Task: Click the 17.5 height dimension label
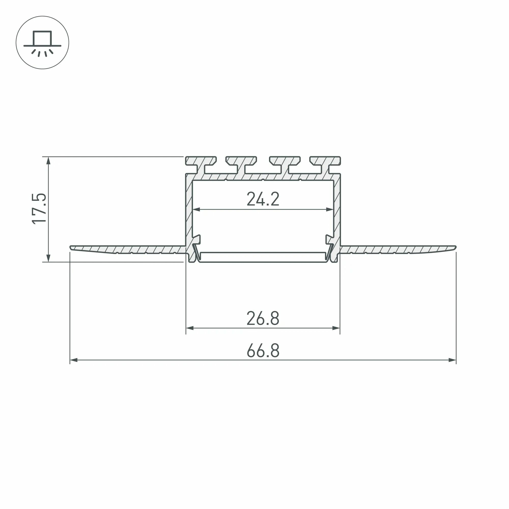[x=39, y=209]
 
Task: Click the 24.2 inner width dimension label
[x=263, y=199]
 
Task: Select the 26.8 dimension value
[x=263, y=319]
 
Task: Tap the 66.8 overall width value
[x=263, y=351]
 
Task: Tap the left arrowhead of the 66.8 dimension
[x=74, y=360]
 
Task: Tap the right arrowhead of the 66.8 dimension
[x=452, y=360]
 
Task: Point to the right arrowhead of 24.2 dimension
[x=330, y=209]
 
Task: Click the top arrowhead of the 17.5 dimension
[x=48, y=161]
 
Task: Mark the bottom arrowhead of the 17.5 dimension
[x=48, y=258]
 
